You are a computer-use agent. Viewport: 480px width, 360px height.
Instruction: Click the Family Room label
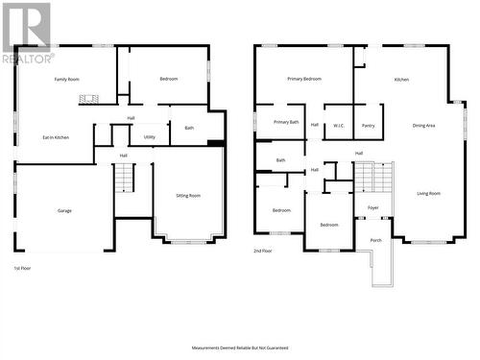(x=67, y=79)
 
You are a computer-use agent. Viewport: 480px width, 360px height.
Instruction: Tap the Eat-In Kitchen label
(x=55, y=137)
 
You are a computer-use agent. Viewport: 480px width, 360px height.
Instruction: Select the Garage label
(x=64, y=210)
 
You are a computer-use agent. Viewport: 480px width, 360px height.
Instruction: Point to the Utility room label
(x=150, y=137)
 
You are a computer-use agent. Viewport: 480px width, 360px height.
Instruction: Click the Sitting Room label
(x=188, y=195)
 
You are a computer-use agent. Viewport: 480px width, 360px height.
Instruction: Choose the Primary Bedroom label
(x=304, y=79)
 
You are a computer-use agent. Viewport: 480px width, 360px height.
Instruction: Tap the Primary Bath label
(x=286, y=122)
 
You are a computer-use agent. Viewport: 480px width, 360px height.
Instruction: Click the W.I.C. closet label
(x=339, y=125)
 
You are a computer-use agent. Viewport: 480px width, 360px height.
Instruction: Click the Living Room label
(x=428, y=193)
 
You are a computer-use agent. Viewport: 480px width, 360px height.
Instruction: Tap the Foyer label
(x=373, y=206)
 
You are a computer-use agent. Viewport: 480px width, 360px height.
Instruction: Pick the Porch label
(x=375, y=239)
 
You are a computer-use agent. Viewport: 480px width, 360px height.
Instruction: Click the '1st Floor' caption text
(x=22, y=268)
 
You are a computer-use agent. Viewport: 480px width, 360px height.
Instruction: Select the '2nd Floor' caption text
(x=264, y=250)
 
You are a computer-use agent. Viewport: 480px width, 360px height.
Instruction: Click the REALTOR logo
(x=27, y=33)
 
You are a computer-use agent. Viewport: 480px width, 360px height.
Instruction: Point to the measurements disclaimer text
(x=240, y=348)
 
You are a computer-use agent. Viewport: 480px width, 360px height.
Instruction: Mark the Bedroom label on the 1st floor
(x=168, y=79)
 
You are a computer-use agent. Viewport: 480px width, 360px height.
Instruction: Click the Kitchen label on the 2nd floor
(x=402, y=79)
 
